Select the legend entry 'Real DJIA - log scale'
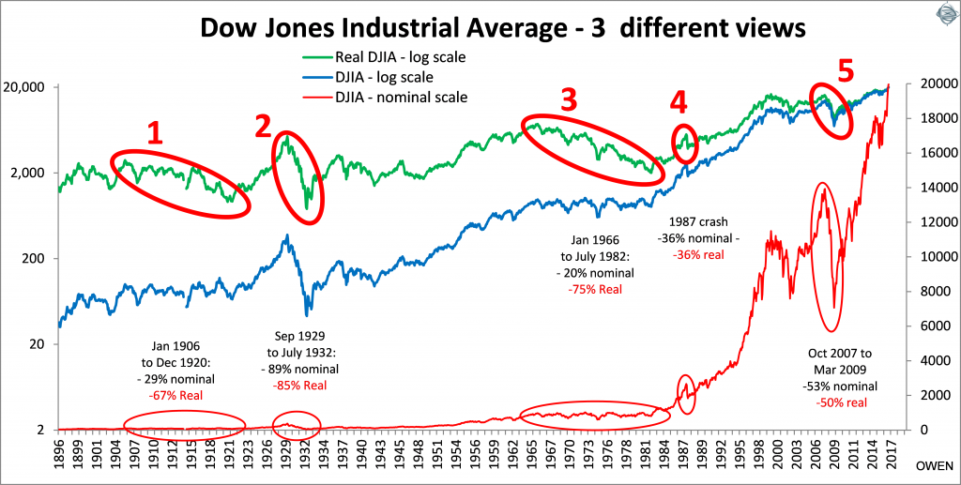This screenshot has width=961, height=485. click(x=395, y=58)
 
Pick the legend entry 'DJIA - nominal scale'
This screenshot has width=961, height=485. click(x=395, y=96)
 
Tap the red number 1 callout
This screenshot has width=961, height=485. click(x=155, y=134)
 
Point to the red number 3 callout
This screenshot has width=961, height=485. click(x=568, y=101)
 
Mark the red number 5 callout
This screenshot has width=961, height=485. click(x=847, y=71)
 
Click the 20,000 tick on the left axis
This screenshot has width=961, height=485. click(x=29, y=87)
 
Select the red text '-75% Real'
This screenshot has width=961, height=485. click(x=595, y=289)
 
